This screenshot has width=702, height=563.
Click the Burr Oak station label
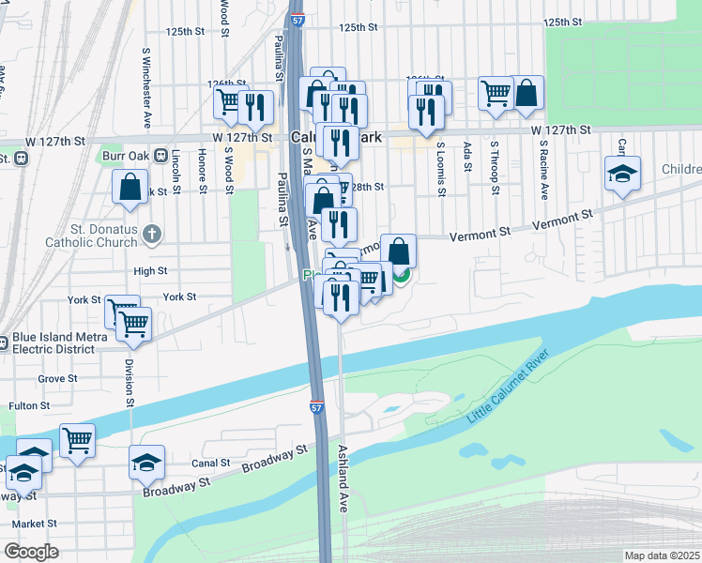click(124, 155)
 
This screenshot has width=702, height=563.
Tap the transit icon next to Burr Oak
click(160, 155)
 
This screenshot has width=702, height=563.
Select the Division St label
click(130, 378)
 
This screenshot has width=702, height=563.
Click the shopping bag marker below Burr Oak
click(130, 187)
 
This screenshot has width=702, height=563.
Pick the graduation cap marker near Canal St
click(146, 461)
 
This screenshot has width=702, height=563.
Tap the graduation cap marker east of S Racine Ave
click(621, 174)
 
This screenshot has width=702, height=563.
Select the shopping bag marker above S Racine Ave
click(526, 92)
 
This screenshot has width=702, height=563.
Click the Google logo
click(31, 552)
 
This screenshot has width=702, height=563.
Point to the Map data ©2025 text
click(662, 555)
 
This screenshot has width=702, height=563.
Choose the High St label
click(150, 271)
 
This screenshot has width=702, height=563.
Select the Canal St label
click(212, 463)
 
